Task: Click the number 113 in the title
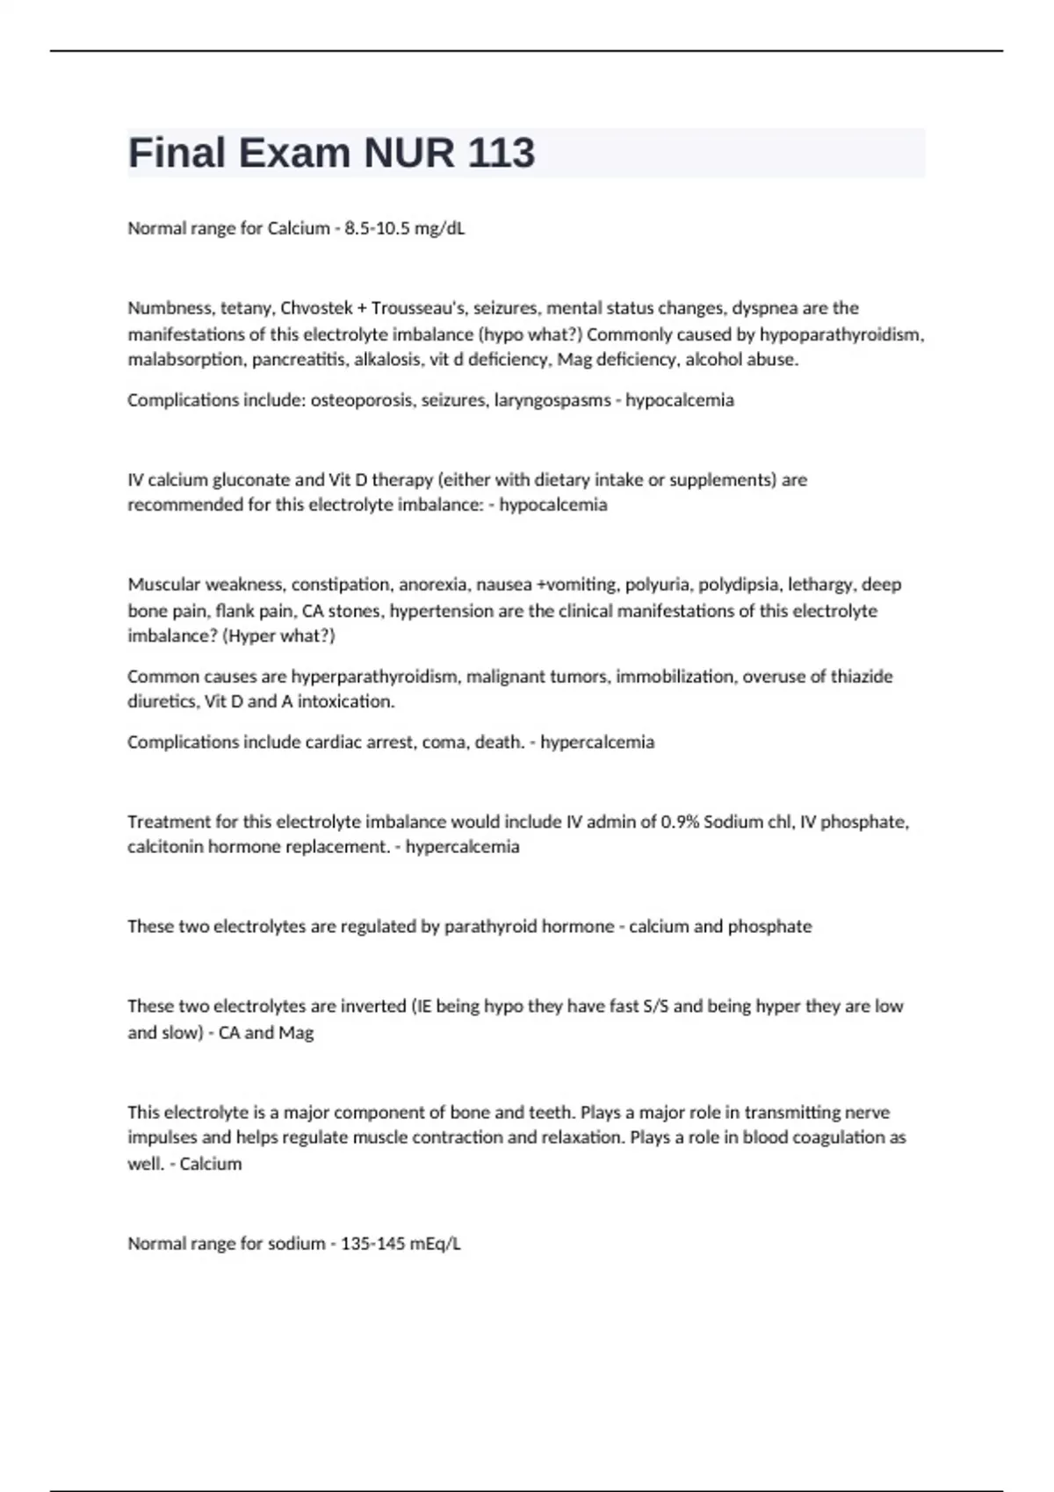pyautogui.click(x=501, y=153)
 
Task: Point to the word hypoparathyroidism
pyautogui.click(x=841, y=334)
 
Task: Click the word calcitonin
pyautogui.click(x=165, y=847)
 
